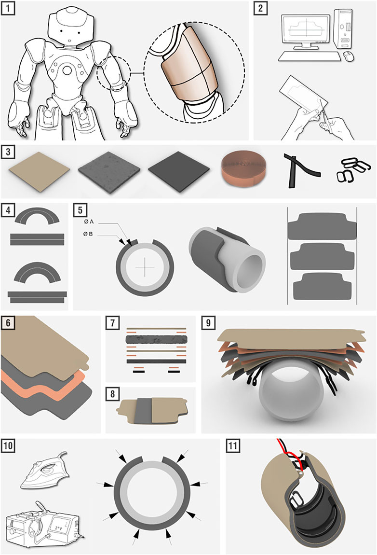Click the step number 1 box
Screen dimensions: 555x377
pos(8,8)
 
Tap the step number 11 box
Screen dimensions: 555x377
pos(233,445)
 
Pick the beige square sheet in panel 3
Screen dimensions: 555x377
pos(40,171)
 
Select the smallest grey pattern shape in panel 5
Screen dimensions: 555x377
pos(322,284)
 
